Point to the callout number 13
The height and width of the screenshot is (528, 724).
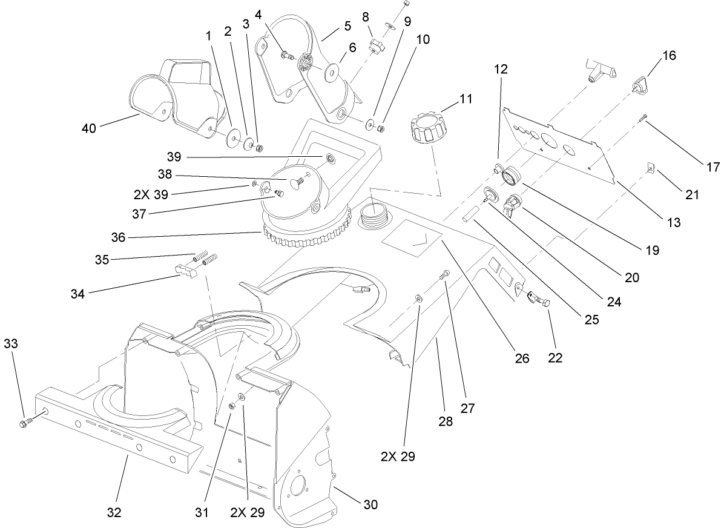[x=674, y=222]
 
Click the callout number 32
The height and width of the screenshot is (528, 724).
[x=114, y=512]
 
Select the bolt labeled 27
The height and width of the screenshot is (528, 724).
[x=446, y=277]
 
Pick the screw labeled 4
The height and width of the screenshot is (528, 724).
[x=286, y=56]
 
